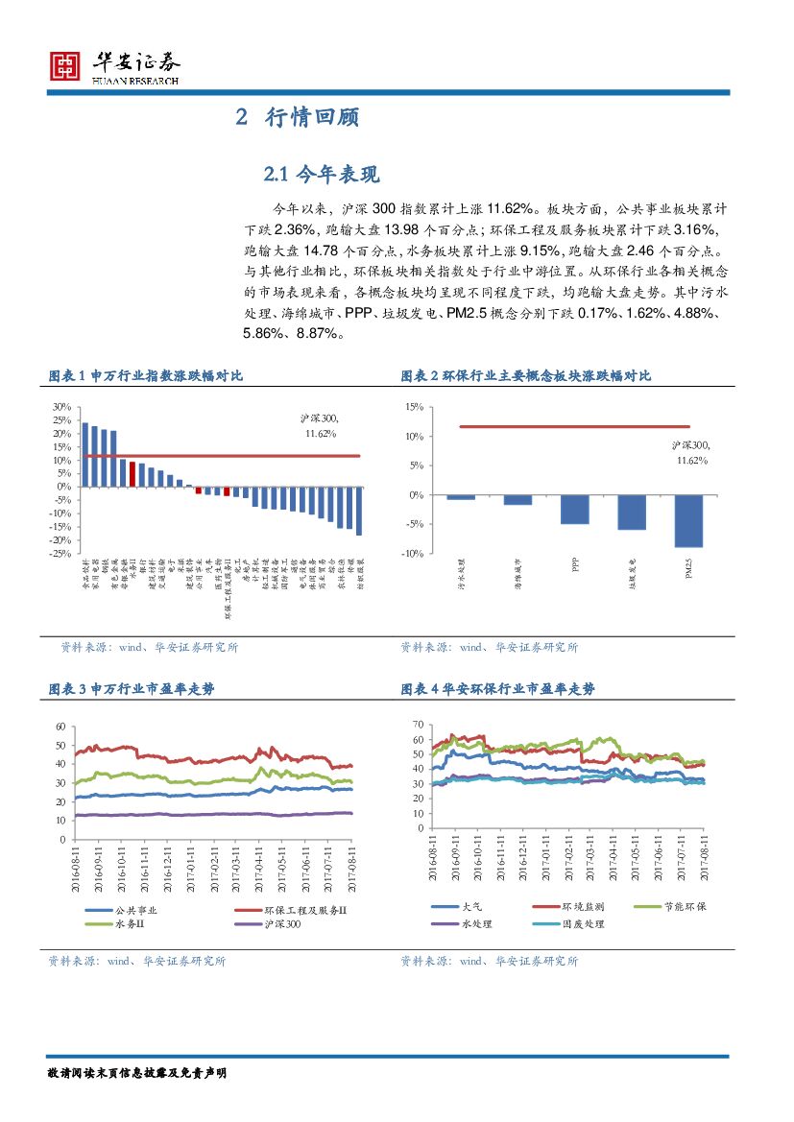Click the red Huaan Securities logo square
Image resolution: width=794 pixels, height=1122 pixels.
[64, 65]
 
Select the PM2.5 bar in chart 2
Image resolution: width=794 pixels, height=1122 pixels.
[687, 520]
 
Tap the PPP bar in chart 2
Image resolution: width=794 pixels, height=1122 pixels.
[574, 509]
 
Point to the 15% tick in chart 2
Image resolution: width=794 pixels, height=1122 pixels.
[414, 407]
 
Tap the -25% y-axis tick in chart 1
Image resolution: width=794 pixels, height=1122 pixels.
[59, 554]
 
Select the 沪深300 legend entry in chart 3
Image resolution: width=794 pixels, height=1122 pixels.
[278, 924]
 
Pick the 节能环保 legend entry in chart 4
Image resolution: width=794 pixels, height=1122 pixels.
[685, 906]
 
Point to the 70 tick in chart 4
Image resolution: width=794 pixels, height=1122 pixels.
[416, 724]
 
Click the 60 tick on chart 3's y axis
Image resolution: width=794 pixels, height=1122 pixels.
[60, 727]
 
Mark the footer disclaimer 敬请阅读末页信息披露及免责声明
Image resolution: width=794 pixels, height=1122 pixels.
[136, 1072]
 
